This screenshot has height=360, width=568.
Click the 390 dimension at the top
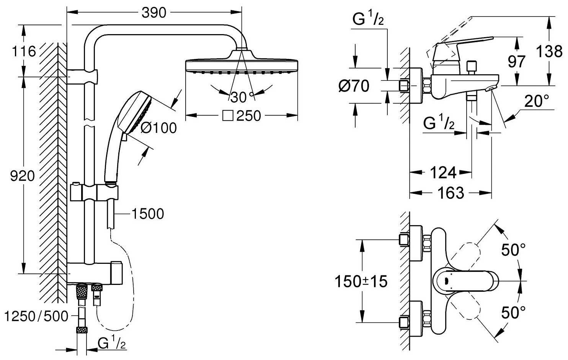[x=154, y=13]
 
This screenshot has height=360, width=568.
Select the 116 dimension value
[x=24, y=51]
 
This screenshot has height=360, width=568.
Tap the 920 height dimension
[x=22, y=176]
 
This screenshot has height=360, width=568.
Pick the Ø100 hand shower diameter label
[x=158, y=128]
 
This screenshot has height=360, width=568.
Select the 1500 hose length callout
[x=147, y=214]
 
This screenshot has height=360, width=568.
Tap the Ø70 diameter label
[x=354, y=86]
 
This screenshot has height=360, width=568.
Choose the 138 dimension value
[x=549, y=51]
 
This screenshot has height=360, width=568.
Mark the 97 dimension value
[x=517, y=61]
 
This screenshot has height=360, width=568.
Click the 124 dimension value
[x=443, y=173]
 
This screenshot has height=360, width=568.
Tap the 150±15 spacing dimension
[x=361, y=282]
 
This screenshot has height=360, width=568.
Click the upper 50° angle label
[x=513, y=250]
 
